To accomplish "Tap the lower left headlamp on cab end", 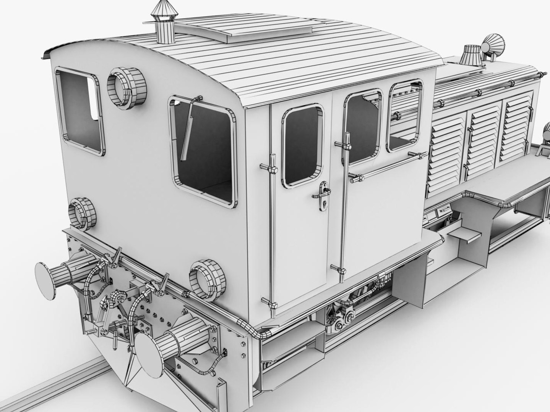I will pos(82,213).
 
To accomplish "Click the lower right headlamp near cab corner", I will pos(204,278).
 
